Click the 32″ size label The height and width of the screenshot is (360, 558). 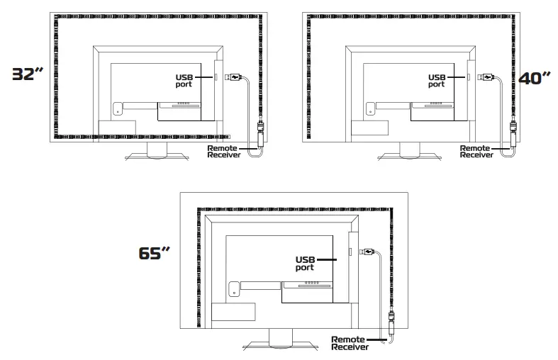pyautogui.click(x=28, y=74)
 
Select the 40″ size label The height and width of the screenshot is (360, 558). pyautogui.click(x=535, y=78)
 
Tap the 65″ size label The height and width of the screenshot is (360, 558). pyautogui.click(x=154, y=253)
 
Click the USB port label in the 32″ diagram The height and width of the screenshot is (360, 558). pyautogui.click(x=184, y=81)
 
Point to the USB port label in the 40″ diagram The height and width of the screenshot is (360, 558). pyautogui.click(x=437, y=81)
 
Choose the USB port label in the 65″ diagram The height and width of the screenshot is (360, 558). pyautogui.click(x=306, y=264)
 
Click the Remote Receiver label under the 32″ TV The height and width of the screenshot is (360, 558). pyautogui.click(x=224, y=152)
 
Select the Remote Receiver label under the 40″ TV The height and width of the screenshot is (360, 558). pyautogui.click(x=476, y=152)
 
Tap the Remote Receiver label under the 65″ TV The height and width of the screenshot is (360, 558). pyautogui.click(x=350, y=343)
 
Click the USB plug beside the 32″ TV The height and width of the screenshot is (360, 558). pyautogui.click(x=233, y=77)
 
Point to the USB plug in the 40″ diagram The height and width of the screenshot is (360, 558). pyautogui.click(x=486, y=77)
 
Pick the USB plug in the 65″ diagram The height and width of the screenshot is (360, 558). pyautogui.click(x=367, y=252)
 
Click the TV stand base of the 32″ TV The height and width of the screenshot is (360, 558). pyautogui.click(x=157, y=157)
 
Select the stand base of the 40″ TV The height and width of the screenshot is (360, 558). pyautogui.click(x=410, y=157)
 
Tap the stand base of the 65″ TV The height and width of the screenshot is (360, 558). pyautogui.click(x=281, y=346)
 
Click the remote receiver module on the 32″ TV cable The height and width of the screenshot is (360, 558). pyautogui.click(x=260, y=135)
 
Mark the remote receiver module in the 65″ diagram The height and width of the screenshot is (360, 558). pyautogui.click(x=391, y=323)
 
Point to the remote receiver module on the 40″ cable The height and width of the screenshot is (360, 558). pyautogui.click(x=513, y=135)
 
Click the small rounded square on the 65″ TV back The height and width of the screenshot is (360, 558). pyautogui.click(x=234, y=289)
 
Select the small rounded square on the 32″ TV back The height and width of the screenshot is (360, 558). pyautogui.click(x=118, y=108)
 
